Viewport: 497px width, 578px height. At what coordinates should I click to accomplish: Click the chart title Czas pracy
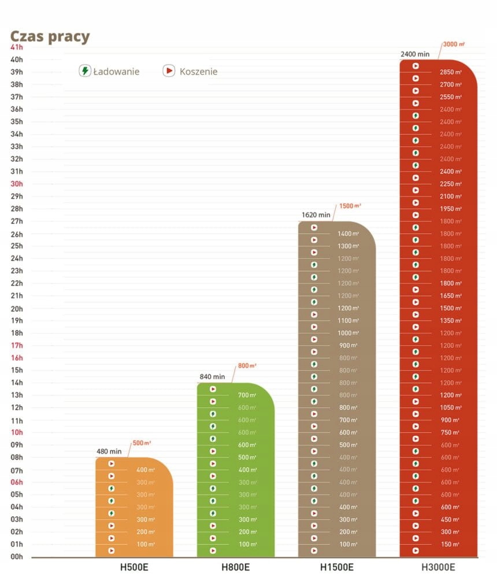coord(50,37)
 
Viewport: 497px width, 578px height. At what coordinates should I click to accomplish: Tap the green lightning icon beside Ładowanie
coord(85,71)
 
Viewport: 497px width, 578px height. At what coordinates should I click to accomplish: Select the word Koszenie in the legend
coord(198,72)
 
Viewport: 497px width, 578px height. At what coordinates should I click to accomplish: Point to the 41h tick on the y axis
coord(17,47)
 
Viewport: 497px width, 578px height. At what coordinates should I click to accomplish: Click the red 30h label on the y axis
coord(17,184)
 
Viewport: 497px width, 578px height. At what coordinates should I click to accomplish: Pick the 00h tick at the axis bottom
coord(17,557)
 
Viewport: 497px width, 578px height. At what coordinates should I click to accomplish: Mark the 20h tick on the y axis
coord(17,308)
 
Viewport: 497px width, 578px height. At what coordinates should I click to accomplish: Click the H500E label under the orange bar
coord(134,567)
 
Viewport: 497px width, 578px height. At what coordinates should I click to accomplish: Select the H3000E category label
coord(438,567)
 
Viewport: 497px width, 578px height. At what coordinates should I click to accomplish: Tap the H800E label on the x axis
coord(235,567)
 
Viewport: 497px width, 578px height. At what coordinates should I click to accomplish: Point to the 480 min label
coord(109,451)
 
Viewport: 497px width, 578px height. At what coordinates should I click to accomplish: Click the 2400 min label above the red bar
coord(415,54)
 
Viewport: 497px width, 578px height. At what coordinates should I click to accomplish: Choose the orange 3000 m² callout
coord(454,44)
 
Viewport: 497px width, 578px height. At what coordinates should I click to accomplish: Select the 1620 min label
coord(316,215)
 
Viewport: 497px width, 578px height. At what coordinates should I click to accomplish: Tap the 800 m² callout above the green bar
coord(247,366)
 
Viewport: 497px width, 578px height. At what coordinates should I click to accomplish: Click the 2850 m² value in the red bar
coord(450,72)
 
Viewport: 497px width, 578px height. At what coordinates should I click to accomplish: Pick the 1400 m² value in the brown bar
coord(348,234)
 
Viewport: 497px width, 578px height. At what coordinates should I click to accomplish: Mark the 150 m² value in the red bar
coord(450,544)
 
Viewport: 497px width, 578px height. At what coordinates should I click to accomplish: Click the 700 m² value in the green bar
coord(247,395)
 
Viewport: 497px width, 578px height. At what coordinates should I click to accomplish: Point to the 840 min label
coord(212,377)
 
